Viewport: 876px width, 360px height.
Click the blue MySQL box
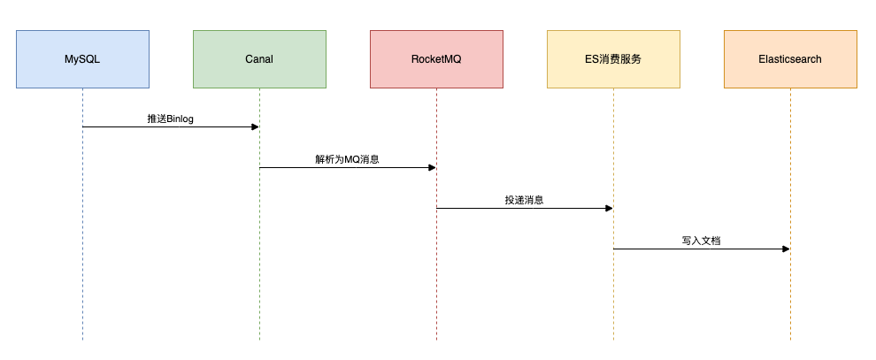82,59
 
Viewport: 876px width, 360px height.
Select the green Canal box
259,59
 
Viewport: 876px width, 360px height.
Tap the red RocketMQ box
436,59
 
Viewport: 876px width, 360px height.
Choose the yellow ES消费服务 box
613,59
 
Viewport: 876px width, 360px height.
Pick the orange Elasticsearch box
790,59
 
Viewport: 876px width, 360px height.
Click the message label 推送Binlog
170,118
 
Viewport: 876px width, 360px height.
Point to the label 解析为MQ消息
347,159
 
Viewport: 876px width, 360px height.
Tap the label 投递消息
524,200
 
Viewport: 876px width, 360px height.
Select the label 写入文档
701,241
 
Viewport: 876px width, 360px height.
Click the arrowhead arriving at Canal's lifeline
255,126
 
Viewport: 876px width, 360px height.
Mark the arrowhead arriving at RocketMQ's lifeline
432,167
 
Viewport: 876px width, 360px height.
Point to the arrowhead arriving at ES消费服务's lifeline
609,208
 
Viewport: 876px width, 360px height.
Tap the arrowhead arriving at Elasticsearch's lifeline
786,249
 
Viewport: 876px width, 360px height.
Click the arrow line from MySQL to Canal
133,126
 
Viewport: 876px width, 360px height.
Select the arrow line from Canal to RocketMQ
310,167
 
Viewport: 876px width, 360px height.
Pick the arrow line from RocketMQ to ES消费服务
487,208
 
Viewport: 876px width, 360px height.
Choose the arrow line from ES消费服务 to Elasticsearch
664,249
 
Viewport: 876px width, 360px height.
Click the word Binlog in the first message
180,118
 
